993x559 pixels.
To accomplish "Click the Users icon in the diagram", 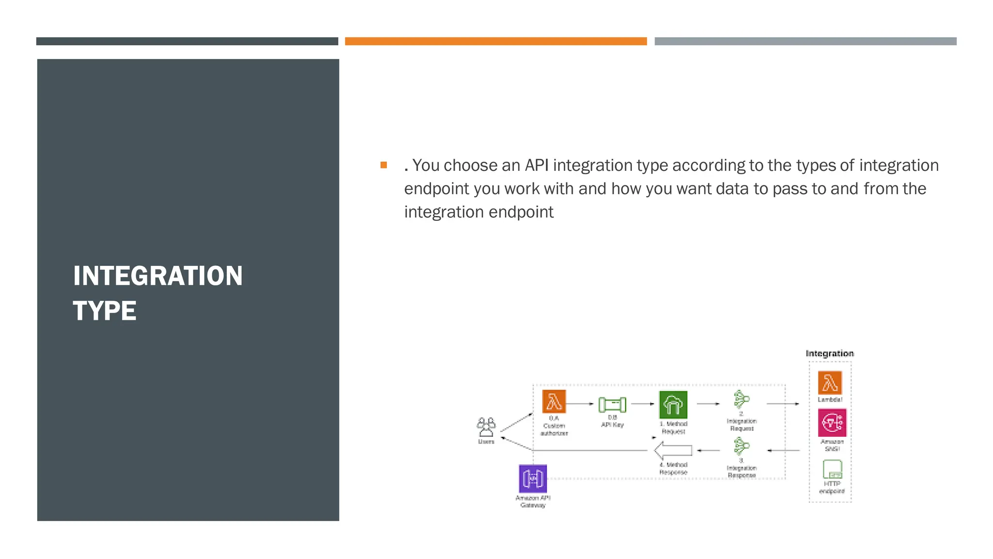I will click(x=486, y=427).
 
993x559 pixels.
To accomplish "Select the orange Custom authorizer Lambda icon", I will click(x=554, y=401).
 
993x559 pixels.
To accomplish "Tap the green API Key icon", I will click(x=612, y=404).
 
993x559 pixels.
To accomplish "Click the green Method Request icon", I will click(x=673, y=404).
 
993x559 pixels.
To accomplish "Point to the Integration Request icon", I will click(x=741, y=400).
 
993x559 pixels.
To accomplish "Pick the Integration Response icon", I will click(x=741, y=446).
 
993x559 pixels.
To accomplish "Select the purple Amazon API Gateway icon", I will click(x=533, y=478).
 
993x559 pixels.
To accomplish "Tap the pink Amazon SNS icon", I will click(x=832, y=422).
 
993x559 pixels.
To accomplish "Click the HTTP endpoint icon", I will click(x=832, y=470).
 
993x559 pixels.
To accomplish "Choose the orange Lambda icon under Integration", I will click(x=830, y=383).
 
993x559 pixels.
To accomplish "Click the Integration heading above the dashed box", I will click(x=830, y=353).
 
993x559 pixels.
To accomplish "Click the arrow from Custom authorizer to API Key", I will click(x=580, y=404).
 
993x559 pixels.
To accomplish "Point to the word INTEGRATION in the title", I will click(x=158, y=276).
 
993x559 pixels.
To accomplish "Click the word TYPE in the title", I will click(x=105, y=311).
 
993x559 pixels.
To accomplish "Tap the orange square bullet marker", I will click(x=384, y=165).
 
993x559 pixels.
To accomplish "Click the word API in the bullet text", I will click(x=537, y=165).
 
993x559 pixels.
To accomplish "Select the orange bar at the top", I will click(x=496, y=41).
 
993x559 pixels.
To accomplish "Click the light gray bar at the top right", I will click(x=805, y=41).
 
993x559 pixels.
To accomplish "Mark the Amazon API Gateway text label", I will click(x=533, y=501).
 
